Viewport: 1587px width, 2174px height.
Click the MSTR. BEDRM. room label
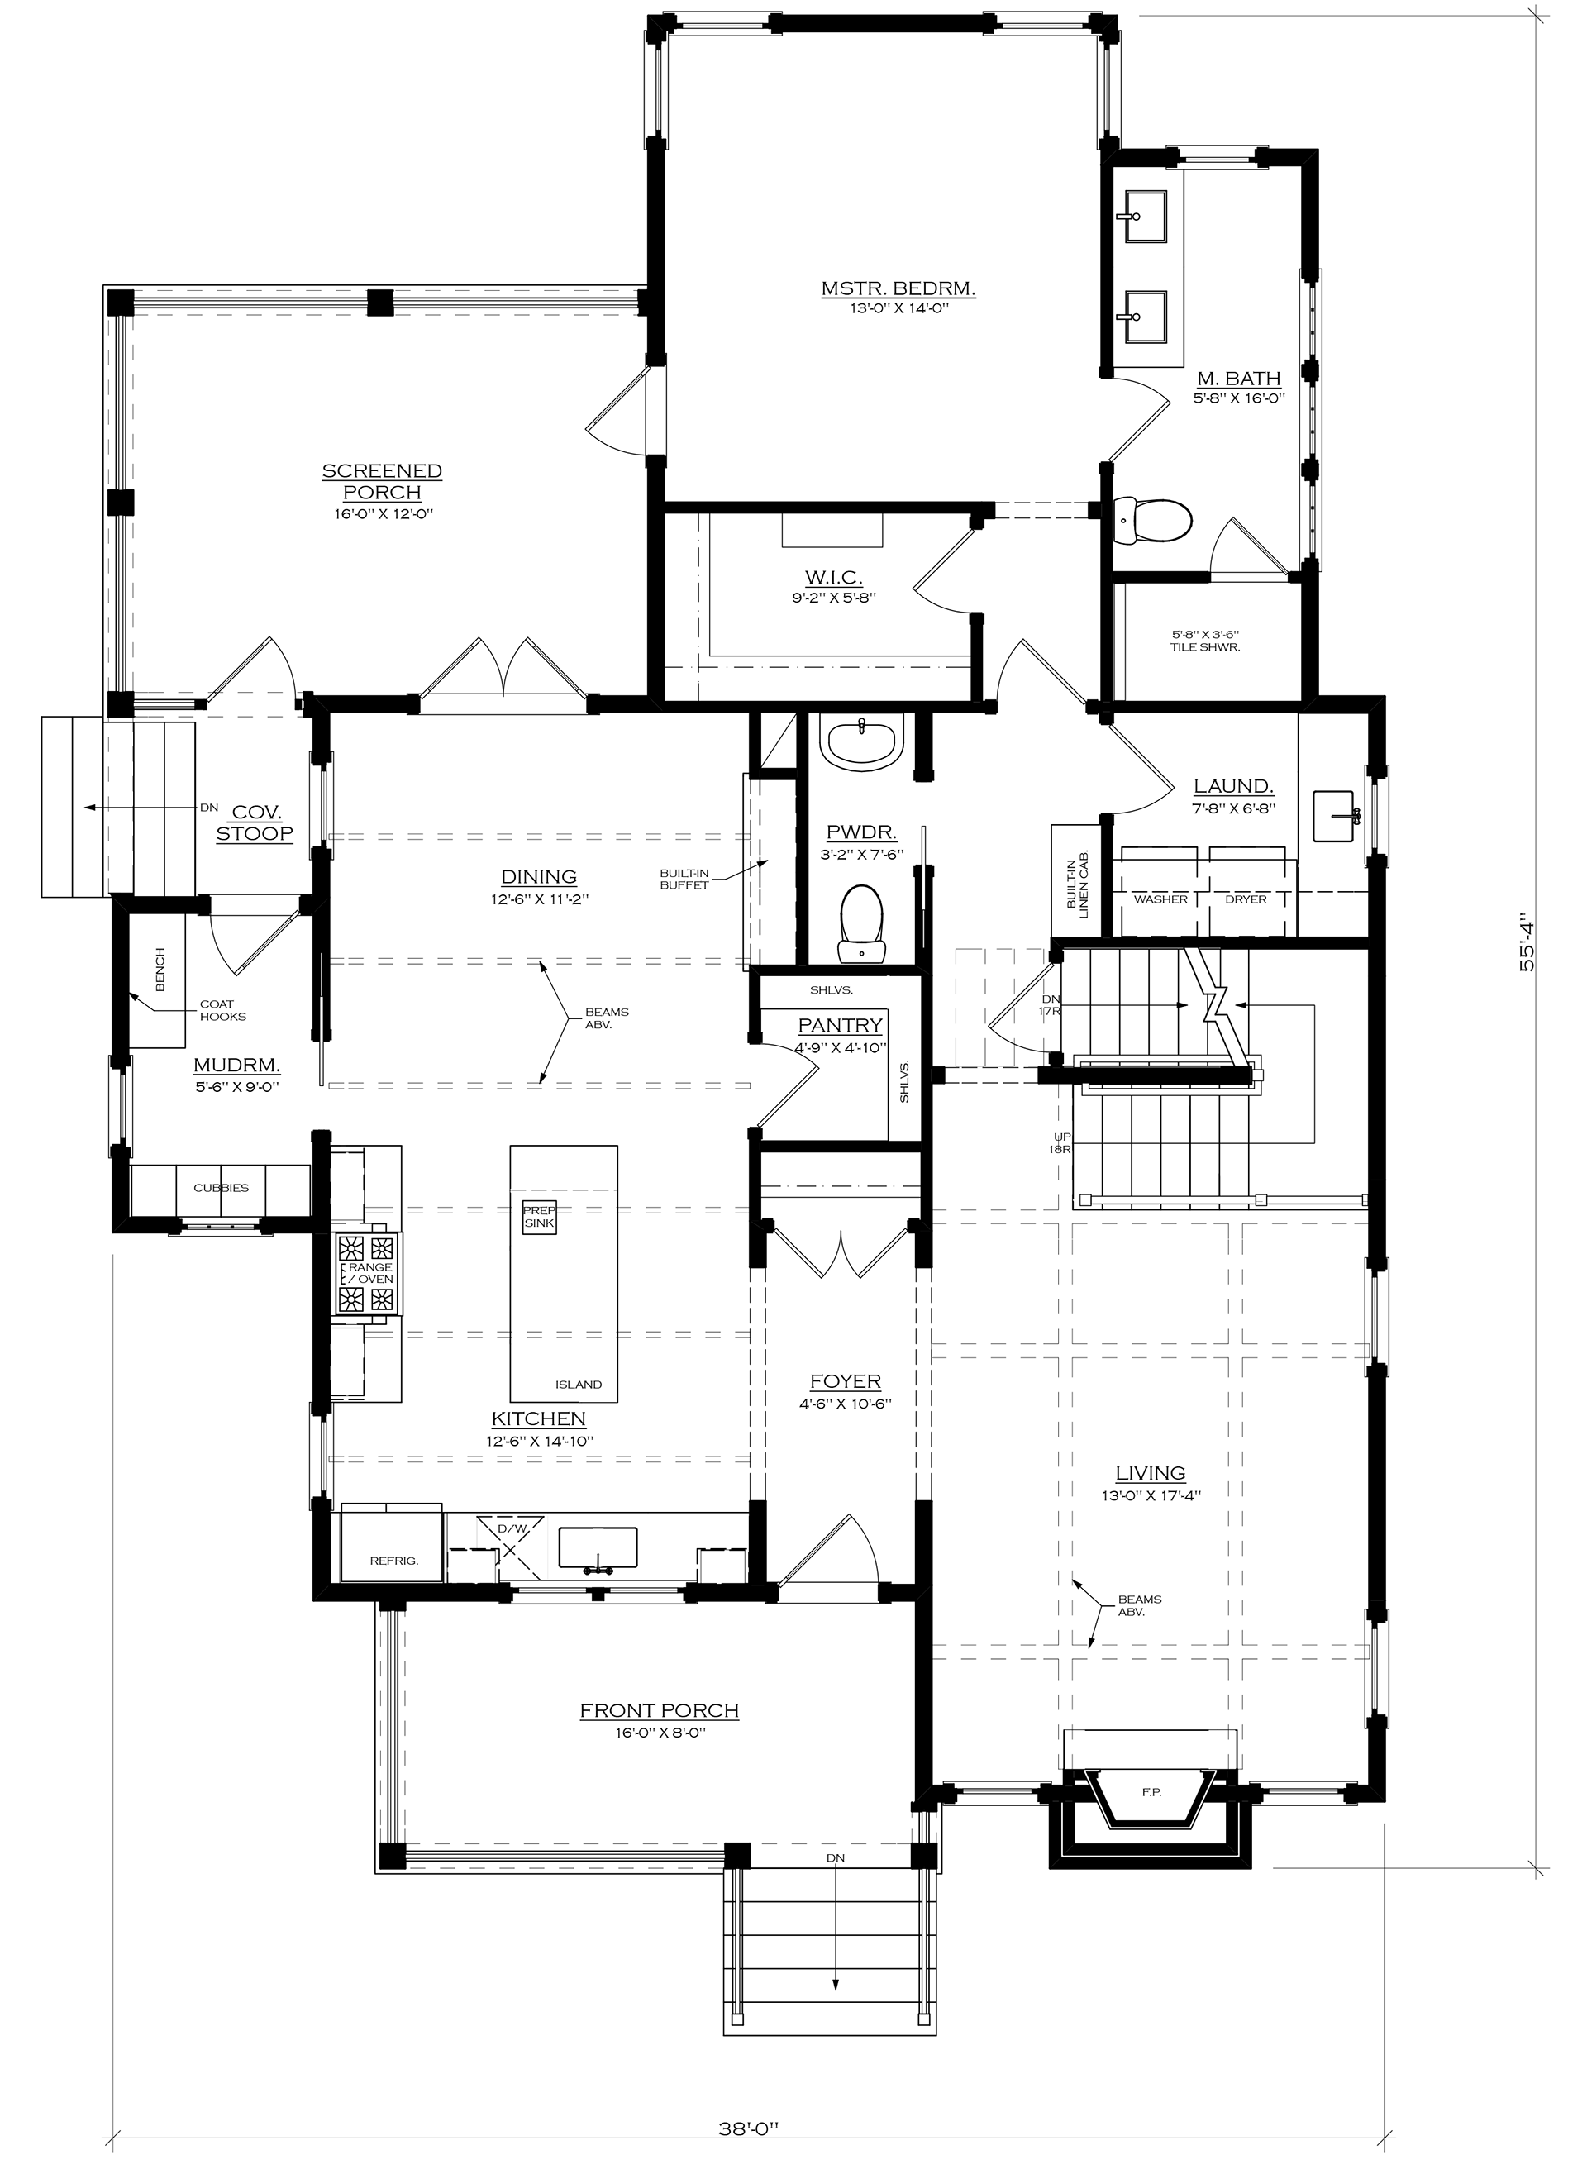pyautogui.click(x=898, y=287)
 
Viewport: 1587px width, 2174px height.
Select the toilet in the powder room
pyautogui.click(x=862, y=923)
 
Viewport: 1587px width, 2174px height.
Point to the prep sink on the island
pyautogui.click(x=539, y=1217)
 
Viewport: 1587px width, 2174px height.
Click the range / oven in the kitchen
pyautogui.click(x=368, y=1273)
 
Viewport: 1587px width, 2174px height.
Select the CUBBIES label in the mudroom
pyautogui.click(x=221, y=1187)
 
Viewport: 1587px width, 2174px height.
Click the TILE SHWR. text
pyautogui.click(x=1206, y=646)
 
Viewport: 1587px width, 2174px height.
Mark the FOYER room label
pyautogui.click(x=846, y=1381)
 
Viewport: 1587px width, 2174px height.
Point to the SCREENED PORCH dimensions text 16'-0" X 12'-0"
pyautogui.click(x=383, y=514)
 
